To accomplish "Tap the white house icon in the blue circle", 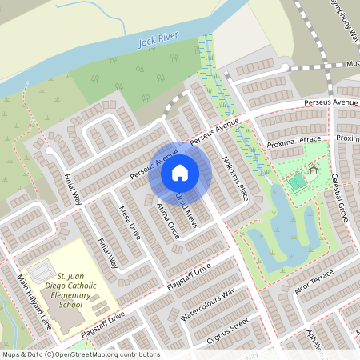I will coord(180,172).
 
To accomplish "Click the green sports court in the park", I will coord(297,183).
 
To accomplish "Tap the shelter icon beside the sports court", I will coord(313,170).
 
